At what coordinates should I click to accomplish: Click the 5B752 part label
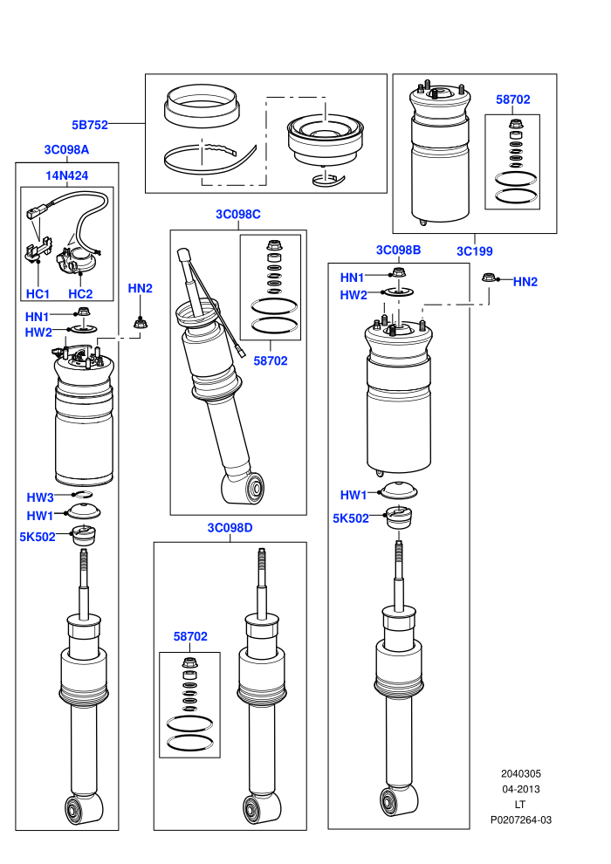(90, 125)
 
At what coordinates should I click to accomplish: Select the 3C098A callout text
(66, 150)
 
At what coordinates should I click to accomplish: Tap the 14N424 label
(66, 175)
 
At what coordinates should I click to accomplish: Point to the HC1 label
(38, 294)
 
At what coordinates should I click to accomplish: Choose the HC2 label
(80, 294)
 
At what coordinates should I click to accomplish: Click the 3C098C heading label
(238, 215)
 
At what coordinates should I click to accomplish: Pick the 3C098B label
(398, 250)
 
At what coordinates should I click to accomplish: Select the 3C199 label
(474, 251)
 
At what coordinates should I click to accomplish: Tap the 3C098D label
(230, 528)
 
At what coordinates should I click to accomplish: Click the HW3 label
(40, 497)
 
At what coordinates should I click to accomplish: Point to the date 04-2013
(520, 789)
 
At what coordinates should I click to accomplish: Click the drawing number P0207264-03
(520, 819)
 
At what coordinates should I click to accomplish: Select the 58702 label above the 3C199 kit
(513, 99)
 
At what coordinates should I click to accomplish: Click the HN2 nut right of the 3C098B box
(488, 278)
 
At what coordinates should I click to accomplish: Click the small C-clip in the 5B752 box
(328, 180)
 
